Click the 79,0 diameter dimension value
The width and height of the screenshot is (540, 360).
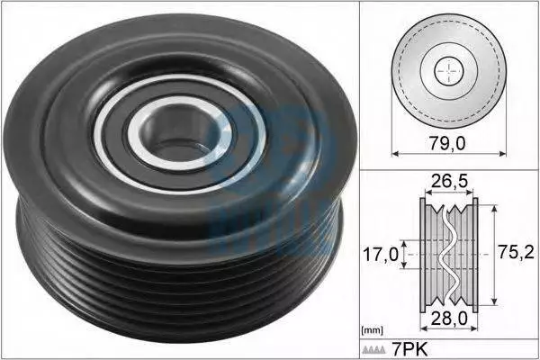point(446,143)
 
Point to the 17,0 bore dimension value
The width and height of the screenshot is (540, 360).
point(381,255)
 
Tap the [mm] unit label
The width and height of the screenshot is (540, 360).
point(373,331)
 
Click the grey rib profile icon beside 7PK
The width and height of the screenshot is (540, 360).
point(373,350)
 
